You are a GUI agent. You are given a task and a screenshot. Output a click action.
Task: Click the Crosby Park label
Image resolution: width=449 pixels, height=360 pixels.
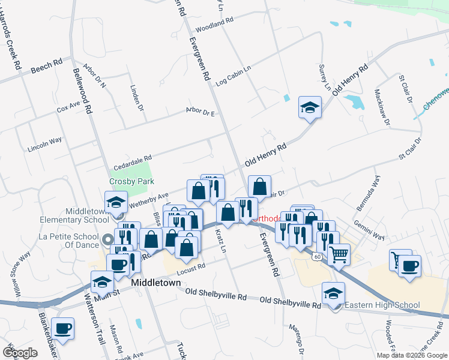(131, 181)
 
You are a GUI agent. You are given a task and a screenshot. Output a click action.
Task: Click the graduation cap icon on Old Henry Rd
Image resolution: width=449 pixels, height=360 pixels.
(310, 108)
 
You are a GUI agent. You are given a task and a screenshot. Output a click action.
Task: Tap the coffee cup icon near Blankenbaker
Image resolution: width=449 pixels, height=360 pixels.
(62, 329)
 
